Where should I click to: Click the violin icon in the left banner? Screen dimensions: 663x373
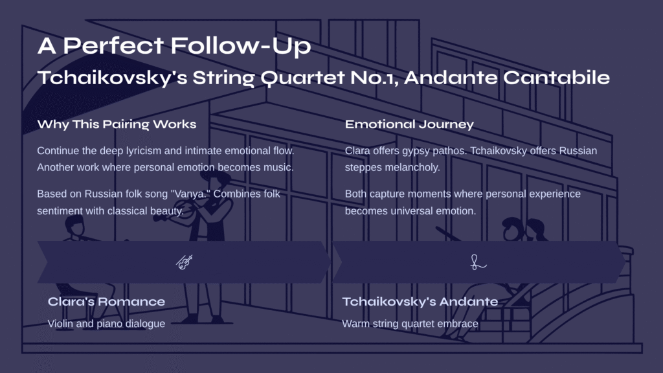185,262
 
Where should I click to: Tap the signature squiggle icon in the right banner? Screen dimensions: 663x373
478,262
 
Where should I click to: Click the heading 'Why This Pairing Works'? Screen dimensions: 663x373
117,124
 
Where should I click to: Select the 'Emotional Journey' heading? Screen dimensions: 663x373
409,124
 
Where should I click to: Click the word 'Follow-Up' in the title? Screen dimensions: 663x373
241,46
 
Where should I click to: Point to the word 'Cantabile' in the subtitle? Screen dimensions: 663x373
556,78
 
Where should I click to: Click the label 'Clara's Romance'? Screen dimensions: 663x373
106,302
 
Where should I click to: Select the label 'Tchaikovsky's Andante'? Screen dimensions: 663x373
420,302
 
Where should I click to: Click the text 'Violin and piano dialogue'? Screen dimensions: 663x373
106,324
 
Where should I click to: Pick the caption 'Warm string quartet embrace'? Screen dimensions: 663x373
410,324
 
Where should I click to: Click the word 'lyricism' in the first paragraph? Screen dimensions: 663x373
143,151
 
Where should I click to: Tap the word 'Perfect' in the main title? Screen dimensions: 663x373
113,46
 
